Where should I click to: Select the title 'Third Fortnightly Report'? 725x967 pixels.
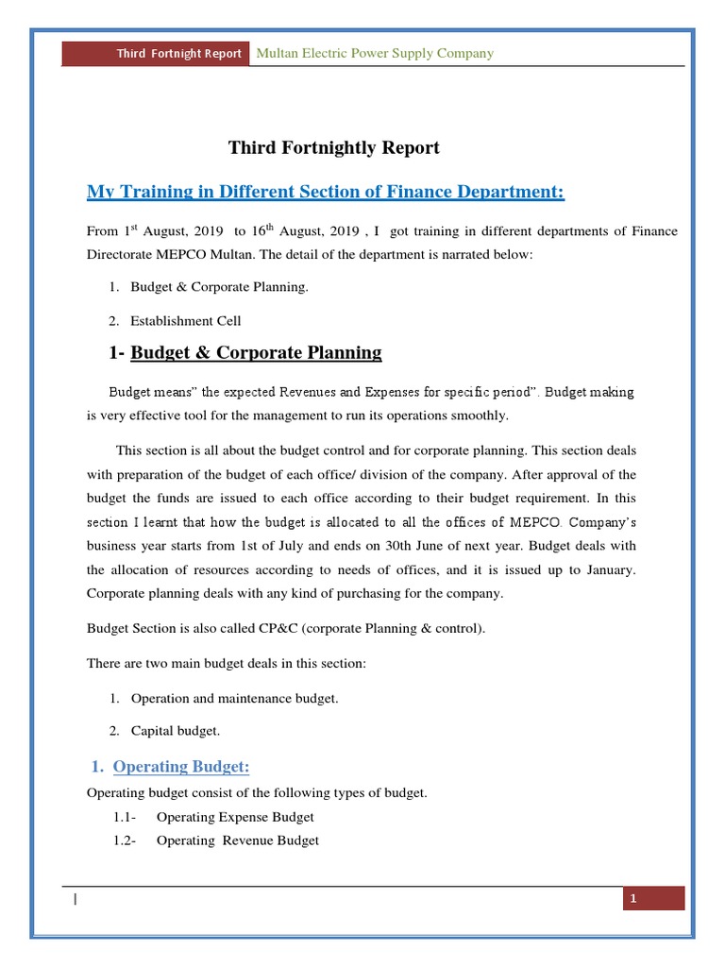pos(333,147)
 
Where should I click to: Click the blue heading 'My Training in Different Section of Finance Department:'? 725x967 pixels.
pos(326,193)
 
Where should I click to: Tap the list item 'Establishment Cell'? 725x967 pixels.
pos(186,321)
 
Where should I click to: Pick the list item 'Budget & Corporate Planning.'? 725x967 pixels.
pos(219,287)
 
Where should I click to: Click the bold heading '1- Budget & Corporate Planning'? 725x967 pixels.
pos(246,353)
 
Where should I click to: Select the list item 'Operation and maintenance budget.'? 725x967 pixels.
pos(234,698)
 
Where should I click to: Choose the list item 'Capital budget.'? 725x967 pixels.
pos(176,731)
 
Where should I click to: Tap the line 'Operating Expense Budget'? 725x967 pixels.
pos(235,817)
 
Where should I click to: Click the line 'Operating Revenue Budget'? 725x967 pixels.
pos(238,840)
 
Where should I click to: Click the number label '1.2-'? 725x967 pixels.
pos(124,840)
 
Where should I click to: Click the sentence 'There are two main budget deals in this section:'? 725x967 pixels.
pos(226,664)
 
